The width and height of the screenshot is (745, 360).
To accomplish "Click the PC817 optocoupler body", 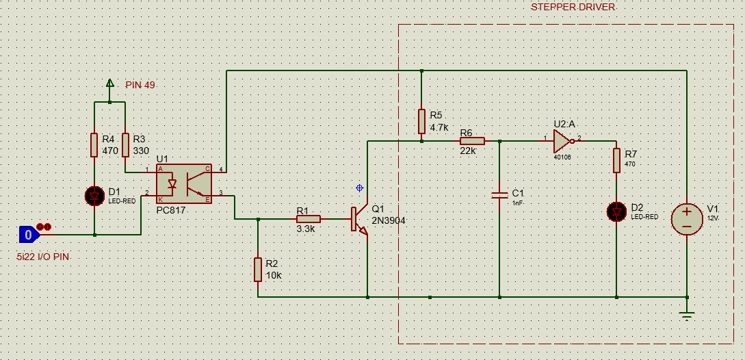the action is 184,185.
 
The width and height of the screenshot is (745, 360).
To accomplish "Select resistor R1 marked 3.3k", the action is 309,219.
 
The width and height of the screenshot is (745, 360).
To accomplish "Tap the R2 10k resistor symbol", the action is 258,270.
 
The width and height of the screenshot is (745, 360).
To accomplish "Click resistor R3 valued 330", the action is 125,145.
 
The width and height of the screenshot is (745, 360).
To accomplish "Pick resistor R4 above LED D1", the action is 94,145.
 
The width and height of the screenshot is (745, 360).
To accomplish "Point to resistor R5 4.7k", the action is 421,121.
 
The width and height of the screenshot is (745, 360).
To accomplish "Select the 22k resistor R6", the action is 472,141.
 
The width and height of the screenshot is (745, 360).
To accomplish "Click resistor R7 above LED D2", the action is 616,160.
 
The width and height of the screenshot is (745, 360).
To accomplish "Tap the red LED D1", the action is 94,196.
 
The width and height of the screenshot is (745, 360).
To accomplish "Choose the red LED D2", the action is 616,211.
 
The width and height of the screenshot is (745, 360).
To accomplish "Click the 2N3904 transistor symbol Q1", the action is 360,219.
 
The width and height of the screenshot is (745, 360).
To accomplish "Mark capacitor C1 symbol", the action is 500,196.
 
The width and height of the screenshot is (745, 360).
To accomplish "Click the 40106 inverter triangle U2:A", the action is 562,141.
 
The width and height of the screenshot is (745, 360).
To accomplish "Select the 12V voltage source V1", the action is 687,219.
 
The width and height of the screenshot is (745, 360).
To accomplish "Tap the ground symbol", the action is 687,316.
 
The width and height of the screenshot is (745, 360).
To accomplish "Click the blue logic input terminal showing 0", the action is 29,235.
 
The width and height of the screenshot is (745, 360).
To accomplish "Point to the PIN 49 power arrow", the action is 109,83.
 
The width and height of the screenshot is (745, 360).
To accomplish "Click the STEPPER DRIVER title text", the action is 573,7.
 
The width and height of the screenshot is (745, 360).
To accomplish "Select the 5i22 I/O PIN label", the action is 43,257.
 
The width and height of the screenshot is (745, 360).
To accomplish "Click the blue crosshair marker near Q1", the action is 360,188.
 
